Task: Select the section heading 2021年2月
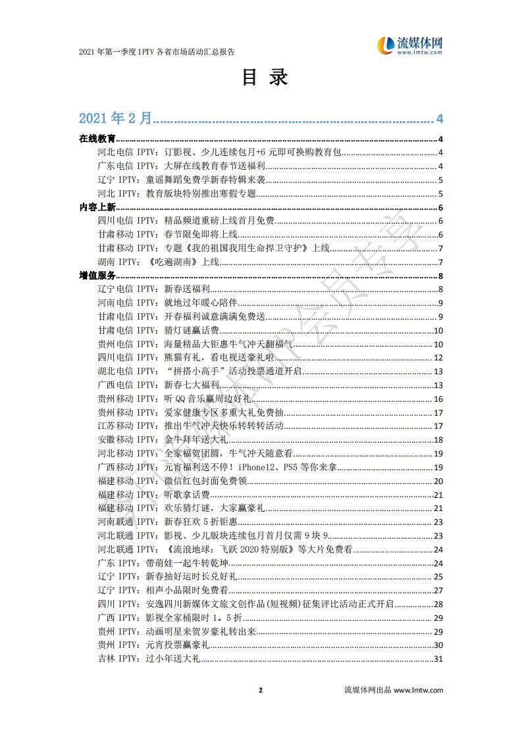116,118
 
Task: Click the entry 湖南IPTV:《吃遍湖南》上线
158,262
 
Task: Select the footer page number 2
261,690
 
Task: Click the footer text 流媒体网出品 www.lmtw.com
394,690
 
